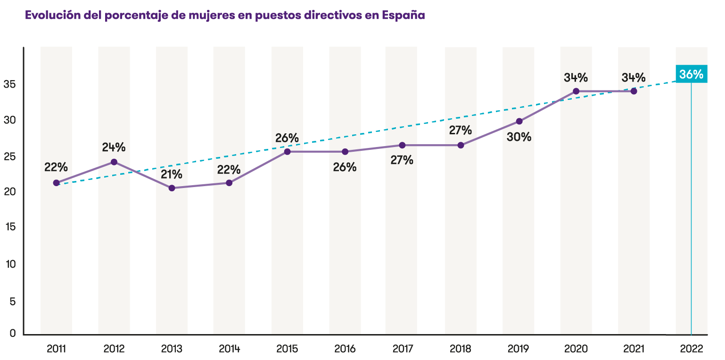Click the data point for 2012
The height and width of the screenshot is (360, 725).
tap(114, 162)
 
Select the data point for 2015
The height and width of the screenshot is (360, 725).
tap(287, 151)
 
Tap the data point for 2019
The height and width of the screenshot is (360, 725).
tap(519, 121)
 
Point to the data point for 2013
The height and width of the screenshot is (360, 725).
tap(172, 188)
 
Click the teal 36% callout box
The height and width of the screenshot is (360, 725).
tap(691, 74)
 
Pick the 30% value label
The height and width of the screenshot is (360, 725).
tap(519, 137)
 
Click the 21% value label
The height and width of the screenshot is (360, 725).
tap(171, 174)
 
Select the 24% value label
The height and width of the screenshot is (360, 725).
tap(114, 147)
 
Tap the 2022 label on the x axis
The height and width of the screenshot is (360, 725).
tap(692, 349)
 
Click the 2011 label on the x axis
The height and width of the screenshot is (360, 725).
tap(56, 349)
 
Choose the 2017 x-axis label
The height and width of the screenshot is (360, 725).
tap(403, 349)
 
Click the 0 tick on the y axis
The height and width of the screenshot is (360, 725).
tap(13, 334)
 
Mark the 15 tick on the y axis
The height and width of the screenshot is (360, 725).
tap(10, 227)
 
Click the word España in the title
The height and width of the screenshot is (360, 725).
tap(404, 16)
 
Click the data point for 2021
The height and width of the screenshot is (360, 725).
tap(634, 91)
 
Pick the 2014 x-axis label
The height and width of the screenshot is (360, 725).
tap(230, 349)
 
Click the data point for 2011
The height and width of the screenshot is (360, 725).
tap(57, 183)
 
